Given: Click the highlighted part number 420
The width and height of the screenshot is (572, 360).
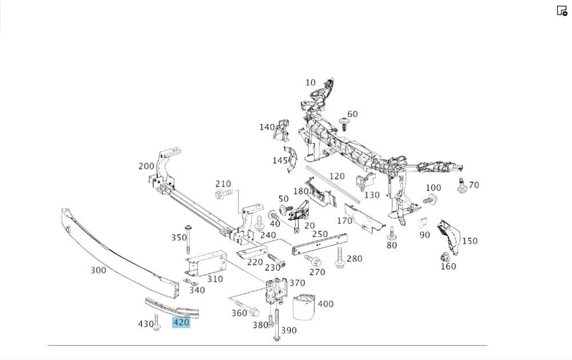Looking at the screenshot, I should (181, 323).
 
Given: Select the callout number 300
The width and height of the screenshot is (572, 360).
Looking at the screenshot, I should (98, 270).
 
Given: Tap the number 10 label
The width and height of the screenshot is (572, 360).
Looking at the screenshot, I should (310, 82).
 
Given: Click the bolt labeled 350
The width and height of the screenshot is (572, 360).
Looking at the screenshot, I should (187, 239).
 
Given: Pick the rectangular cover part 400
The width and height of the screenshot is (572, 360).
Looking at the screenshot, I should (304, 306).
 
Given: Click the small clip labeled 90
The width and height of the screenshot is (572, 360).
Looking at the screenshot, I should (424, 223).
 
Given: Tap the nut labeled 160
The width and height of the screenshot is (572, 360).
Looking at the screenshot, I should (445, 257).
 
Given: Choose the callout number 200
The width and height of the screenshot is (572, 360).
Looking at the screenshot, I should (146, 166).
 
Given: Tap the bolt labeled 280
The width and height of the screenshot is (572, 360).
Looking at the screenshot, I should (340, 257).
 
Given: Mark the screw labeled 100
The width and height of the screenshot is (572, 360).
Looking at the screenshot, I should (430, 200).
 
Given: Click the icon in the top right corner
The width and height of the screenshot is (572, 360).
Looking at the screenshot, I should (562, 10).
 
